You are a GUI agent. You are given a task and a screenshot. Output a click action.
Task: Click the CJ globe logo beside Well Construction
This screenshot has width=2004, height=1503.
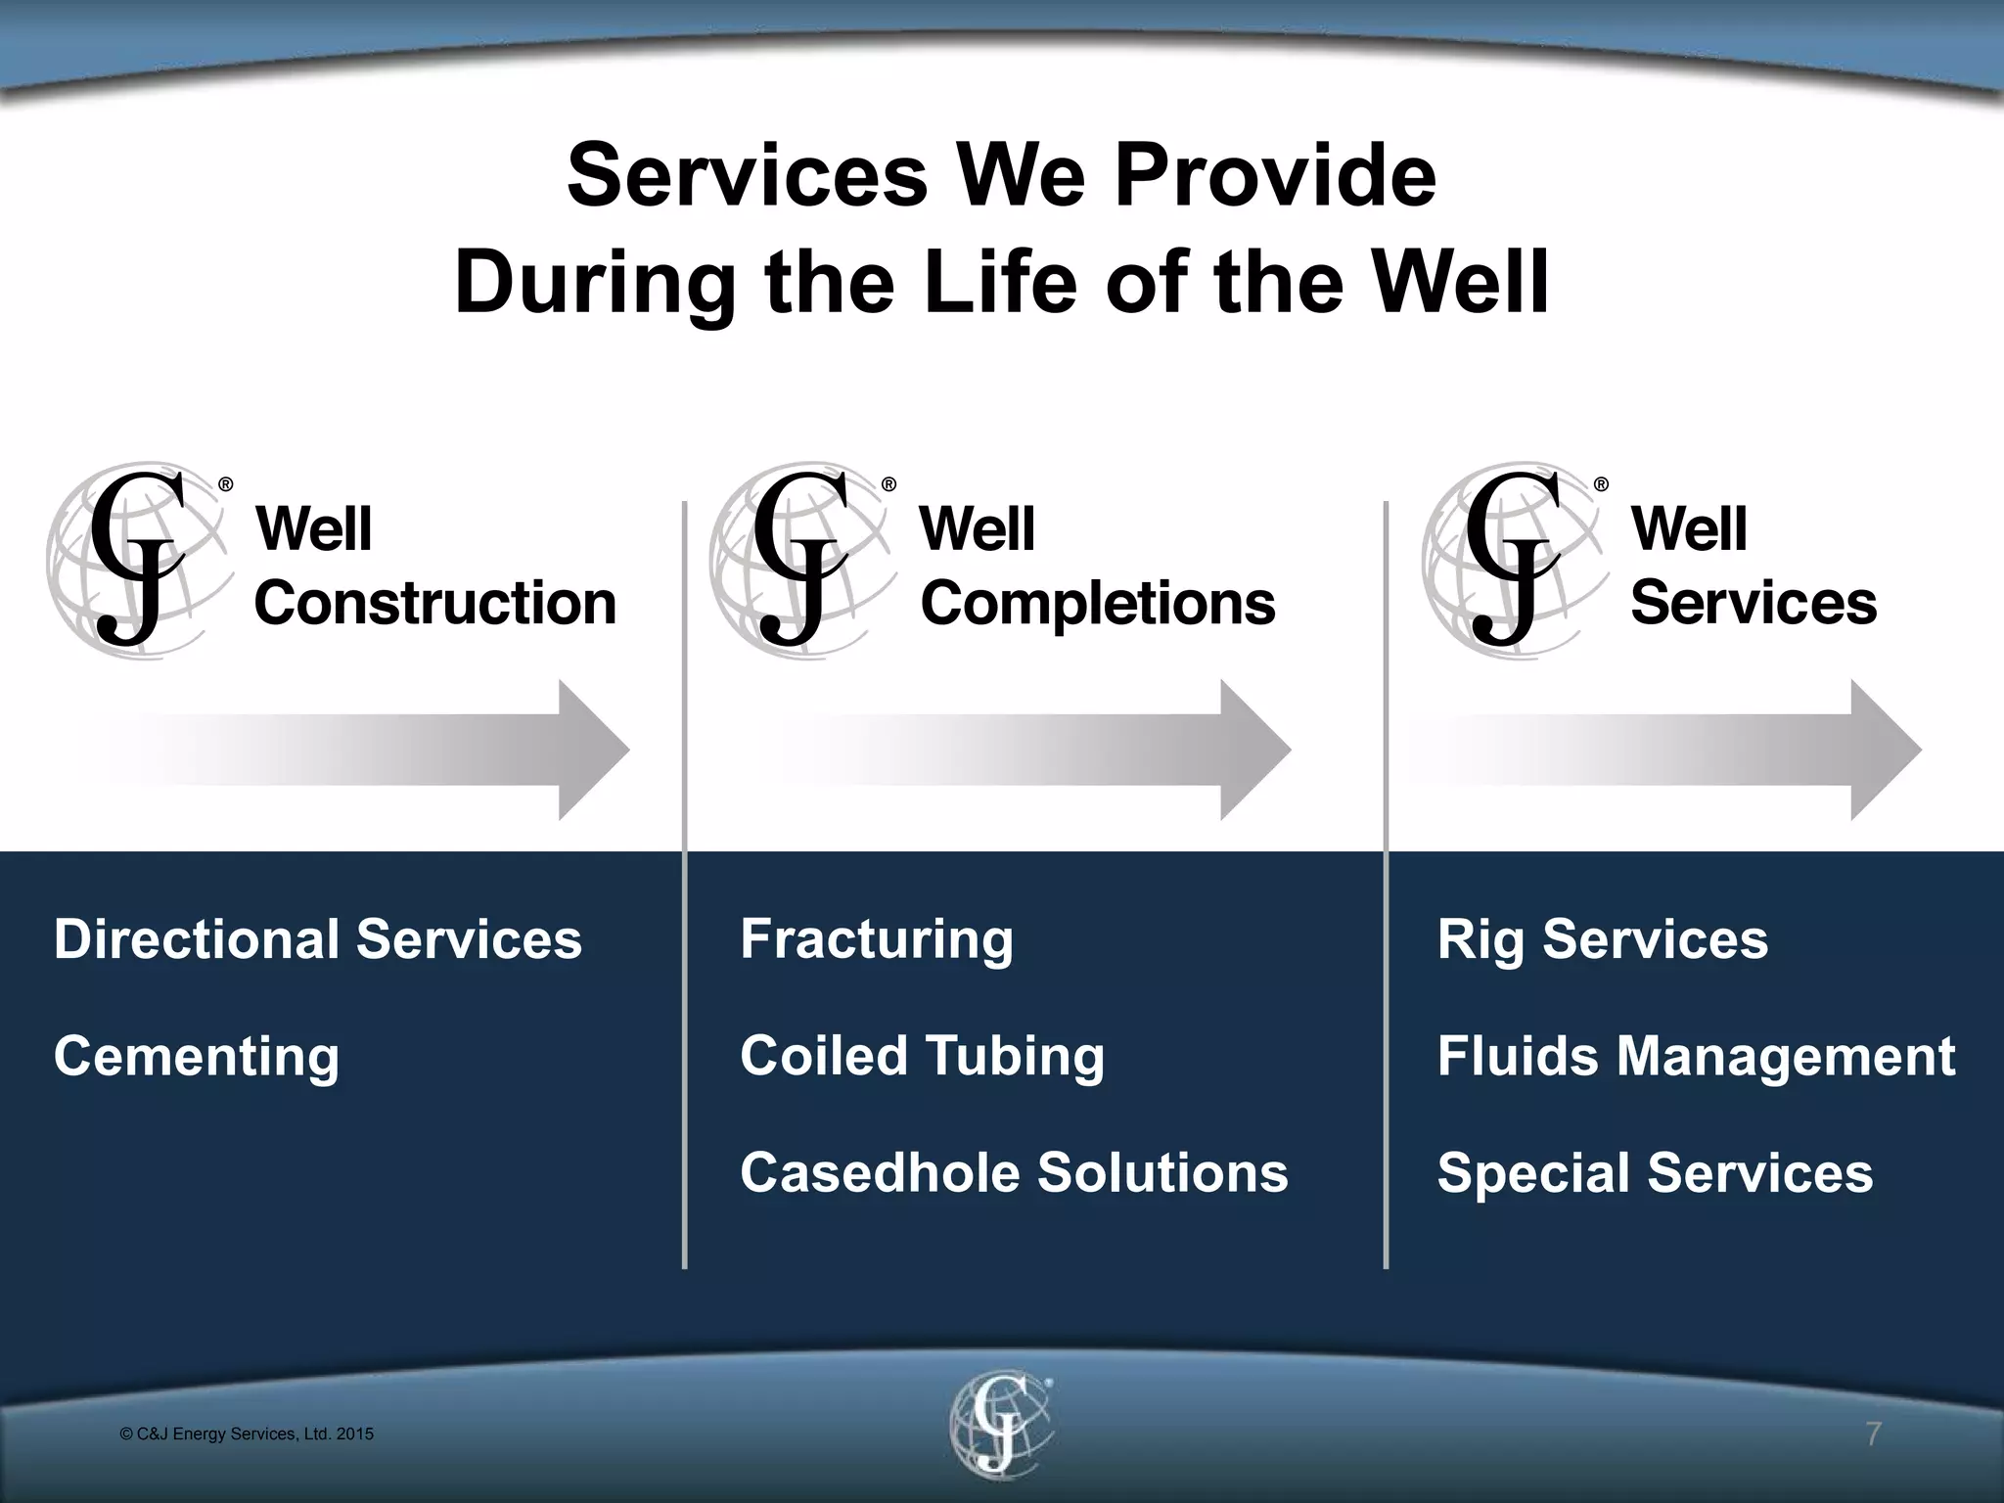click(x=137, y=561)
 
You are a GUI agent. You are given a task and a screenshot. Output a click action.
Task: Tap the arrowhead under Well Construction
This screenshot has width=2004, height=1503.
click(x=591, y=751)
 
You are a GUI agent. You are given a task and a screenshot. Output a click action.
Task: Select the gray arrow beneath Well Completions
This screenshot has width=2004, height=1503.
click(x=1037, y=751)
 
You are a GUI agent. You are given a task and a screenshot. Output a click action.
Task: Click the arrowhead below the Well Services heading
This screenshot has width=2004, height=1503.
click(x=1884, y=751)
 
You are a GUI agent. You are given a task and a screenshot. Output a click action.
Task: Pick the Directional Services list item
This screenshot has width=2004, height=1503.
click(x=318, y=939)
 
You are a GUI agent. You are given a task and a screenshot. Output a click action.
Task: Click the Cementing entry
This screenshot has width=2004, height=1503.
click(x=197, y=1057)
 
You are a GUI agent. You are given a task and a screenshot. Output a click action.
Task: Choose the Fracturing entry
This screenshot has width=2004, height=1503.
click(x=877, y=939)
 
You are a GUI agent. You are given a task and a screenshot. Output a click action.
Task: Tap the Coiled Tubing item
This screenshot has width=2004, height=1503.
click(x=922, y=1057)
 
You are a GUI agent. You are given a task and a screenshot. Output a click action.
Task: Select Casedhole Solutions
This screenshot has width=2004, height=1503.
click(x=1014, y=1173)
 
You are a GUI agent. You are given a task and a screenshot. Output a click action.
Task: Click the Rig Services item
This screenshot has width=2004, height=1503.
click(x=1602, y=939)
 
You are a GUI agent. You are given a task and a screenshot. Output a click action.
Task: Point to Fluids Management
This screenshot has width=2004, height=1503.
click(x=1696, y=1057)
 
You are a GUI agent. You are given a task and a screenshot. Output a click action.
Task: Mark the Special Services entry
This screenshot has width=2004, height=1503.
click(x=1655, y=1173)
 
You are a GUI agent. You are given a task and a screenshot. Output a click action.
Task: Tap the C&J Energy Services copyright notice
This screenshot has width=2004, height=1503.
click(x=247, y=1435)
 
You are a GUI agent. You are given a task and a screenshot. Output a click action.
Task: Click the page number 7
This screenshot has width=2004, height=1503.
click(x=1873, y=1435)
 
